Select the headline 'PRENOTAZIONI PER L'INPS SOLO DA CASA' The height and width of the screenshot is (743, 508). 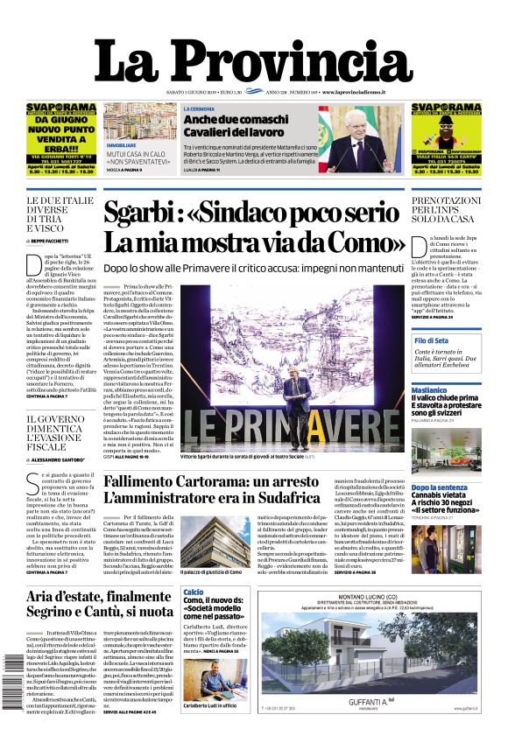(446, 213)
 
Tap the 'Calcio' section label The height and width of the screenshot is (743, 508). (193, 593)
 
